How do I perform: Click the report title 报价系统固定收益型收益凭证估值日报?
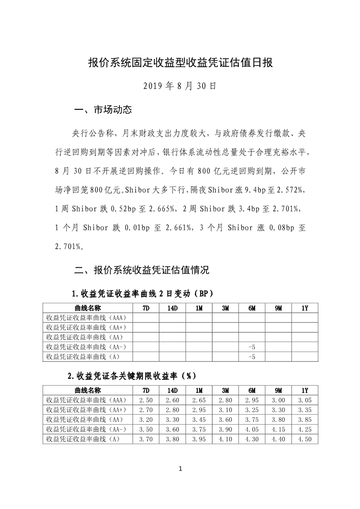click(x=180, y=63)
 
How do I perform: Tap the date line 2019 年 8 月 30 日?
click(x=180, y=86)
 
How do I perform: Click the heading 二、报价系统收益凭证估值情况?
click(x=141, y=271)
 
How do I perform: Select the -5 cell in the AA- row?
click(x=252, y=347)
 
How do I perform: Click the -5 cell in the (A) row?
click(x=252, y=357)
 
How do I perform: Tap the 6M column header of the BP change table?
click(x=252, y=308)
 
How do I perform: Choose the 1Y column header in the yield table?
click(x=305, y=390)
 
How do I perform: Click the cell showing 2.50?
click(x=146, y=400)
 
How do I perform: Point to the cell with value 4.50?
click(x=305, y=439)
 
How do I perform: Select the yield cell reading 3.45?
click(x=199, y=420)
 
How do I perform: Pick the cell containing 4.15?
click(x=278, y=429)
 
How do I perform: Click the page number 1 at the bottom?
click(x=180, y=469)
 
